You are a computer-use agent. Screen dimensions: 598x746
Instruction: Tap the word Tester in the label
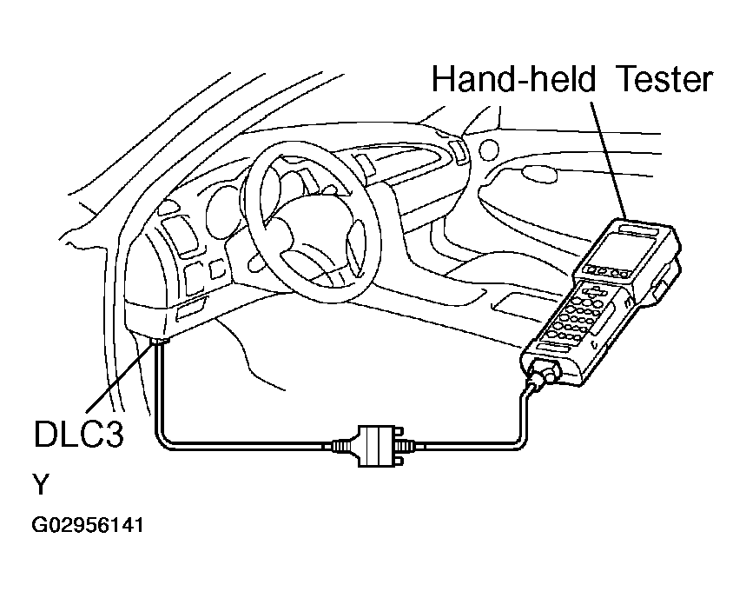click(664, 80)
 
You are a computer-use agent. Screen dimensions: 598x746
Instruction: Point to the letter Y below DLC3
click(40, 485)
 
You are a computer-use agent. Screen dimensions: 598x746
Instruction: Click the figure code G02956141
click(87, 526)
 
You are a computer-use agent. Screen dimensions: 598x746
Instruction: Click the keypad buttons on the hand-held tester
click(578, 317)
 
